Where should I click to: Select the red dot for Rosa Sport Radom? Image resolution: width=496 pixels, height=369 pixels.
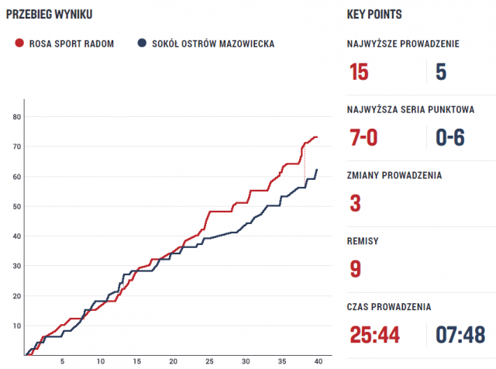pos(19,43)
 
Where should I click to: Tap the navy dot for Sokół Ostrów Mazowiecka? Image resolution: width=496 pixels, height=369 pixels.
pos(141,43)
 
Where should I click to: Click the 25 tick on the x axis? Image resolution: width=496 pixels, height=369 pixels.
pos(208,361)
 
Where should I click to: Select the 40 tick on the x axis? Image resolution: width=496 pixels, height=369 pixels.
pos(318,361)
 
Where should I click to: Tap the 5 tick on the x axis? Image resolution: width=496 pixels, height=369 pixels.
pos(63,361)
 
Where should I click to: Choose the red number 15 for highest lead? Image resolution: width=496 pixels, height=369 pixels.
pos(359,72)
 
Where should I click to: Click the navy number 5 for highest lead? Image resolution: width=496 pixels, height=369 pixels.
pos(441,72)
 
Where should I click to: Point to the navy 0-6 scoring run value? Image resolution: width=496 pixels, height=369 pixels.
pos(450,137)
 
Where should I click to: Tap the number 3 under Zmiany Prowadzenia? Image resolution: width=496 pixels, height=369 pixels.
pos(355,203)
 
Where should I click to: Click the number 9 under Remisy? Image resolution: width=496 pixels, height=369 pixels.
pos(355,268)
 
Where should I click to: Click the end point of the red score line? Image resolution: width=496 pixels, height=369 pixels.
pos(317,137)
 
